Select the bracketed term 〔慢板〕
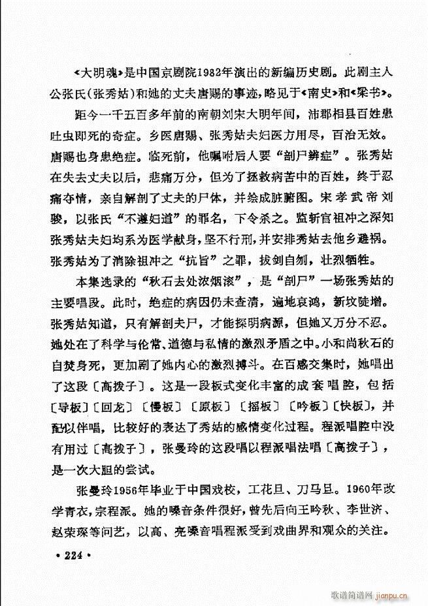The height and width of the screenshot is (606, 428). tap(159, 406)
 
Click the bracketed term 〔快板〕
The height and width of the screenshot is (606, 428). tap(354, 406)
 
